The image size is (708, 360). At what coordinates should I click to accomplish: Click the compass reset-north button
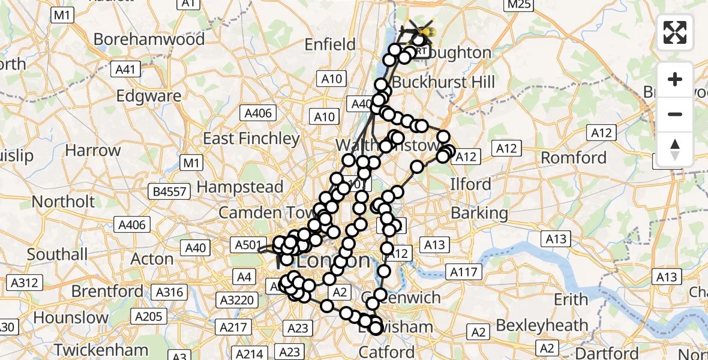point(675,149)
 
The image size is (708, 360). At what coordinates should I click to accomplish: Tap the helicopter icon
point(421,28)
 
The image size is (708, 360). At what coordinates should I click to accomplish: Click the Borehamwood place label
point(149,40)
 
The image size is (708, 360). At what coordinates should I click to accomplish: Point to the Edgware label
point(149,96)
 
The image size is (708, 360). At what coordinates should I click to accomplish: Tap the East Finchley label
point(251,139)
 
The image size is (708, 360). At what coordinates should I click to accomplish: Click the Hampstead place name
point(240,187)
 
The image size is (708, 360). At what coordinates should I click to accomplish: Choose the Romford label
point(574,158)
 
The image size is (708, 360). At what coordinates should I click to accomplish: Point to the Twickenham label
point(101,349)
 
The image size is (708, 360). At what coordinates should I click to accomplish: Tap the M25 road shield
point(518,5)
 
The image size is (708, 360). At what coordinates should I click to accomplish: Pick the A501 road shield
point(247,244)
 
